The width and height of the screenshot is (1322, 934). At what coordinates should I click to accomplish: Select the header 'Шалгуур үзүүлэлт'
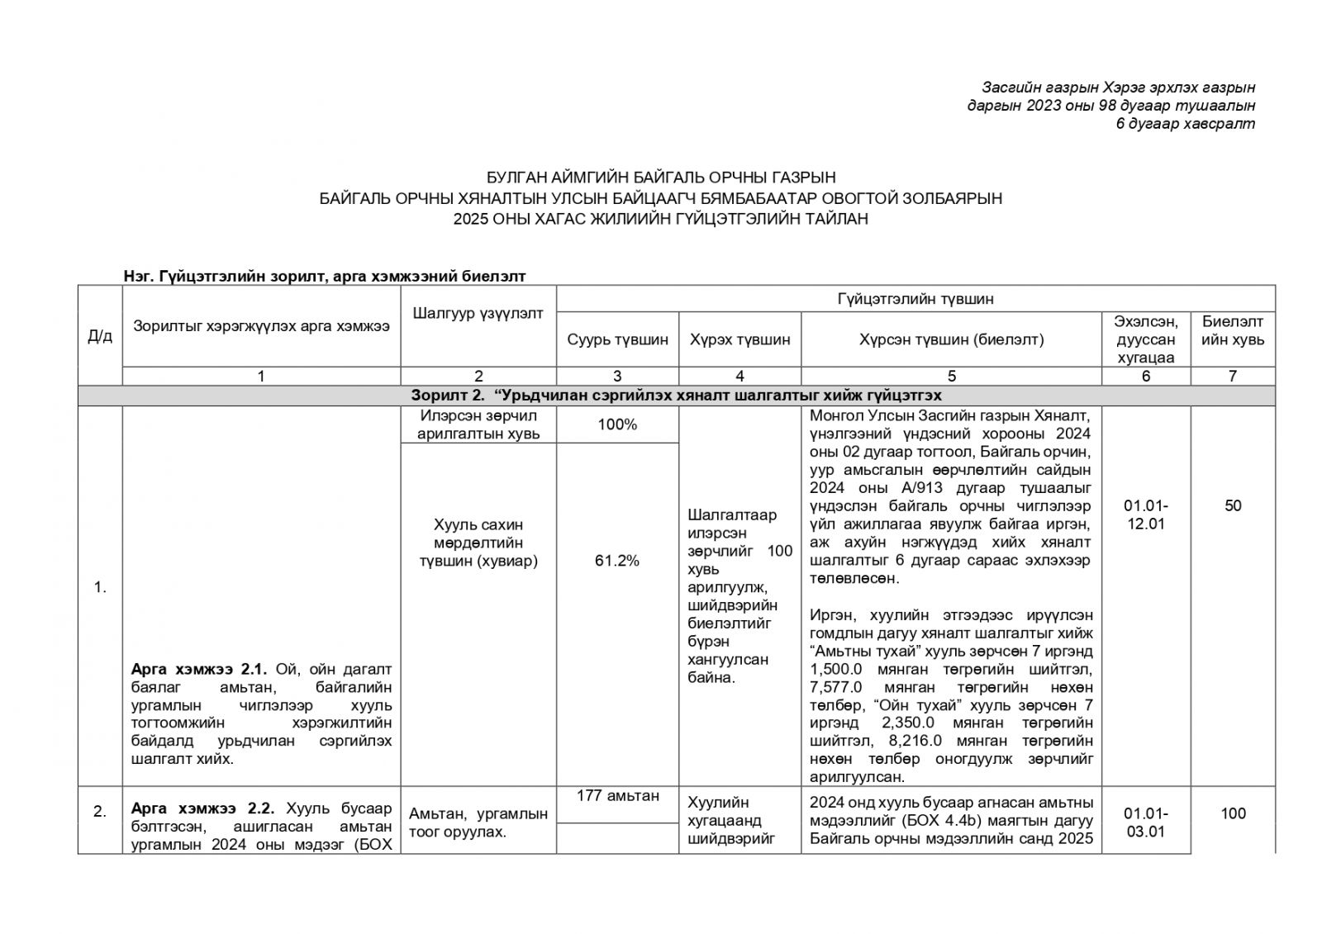tap(478, 313)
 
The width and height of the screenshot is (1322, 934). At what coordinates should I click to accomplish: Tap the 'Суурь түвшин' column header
tap(617, 339)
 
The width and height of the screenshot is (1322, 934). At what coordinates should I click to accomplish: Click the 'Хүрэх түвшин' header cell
tap(739, 339)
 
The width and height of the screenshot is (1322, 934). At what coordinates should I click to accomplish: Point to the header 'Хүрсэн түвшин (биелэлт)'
tap(951, 339)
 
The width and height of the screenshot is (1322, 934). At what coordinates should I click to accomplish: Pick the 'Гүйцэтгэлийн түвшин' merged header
tap(915, 298)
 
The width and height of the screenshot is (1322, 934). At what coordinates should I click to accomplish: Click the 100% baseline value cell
tap(617, 425)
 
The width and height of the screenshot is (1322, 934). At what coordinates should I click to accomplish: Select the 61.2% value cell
tap(617, 561)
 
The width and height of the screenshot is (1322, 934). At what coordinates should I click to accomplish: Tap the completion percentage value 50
tap(1232, 505)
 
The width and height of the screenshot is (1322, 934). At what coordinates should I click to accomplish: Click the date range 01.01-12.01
tap(1146, 514)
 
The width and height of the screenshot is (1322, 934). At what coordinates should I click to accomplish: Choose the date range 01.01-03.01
tap(1146, 823)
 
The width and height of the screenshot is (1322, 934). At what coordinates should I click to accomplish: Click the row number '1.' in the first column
tap(100, 588)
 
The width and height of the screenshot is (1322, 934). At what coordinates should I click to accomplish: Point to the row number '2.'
tap(100, 812)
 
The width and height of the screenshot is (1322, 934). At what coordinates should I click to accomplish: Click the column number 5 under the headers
tap(951, 377)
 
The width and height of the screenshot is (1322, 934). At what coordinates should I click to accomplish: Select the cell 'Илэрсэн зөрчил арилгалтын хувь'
tap(478, 425)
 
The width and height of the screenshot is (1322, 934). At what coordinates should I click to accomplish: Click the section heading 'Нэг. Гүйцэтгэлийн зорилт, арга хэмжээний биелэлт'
tap(324, 276)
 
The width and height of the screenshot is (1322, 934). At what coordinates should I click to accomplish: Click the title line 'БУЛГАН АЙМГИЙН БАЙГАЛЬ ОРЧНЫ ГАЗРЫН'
tap(660, 178)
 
